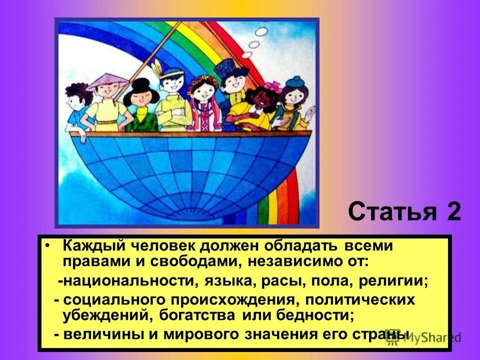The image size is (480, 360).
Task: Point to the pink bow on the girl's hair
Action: tap(272, 86)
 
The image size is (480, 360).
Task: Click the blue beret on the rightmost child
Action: tap(296, 81)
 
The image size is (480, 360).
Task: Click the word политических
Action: tap(357, 300)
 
